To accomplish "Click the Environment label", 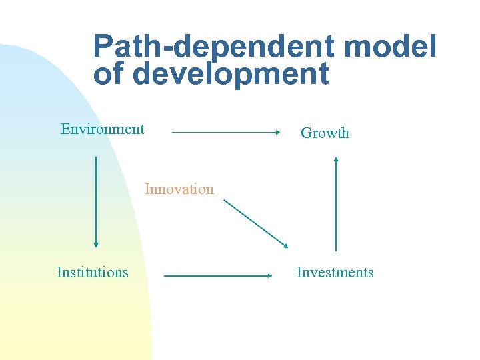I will click(102, 129).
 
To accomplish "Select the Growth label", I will click(325, 133).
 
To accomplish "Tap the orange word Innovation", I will click(179, 189).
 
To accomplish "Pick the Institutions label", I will click(93, 272).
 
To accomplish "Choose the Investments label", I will click(335, 272).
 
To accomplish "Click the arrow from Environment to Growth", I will click(225, 133).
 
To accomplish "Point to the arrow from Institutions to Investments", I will click(217, 275).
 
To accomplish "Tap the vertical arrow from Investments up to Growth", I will click(336, 203).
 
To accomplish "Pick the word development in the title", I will click(231, 74).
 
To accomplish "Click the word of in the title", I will click(108, 74).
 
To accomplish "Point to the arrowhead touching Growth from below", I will click(336, 159).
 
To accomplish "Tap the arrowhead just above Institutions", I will click(96, 244).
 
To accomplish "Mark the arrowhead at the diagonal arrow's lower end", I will click(285, 245).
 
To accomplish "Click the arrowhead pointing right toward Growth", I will click(277, 133).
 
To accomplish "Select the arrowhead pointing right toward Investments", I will click(269, 275).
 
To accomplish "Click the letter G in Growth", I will click(306, 133).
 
